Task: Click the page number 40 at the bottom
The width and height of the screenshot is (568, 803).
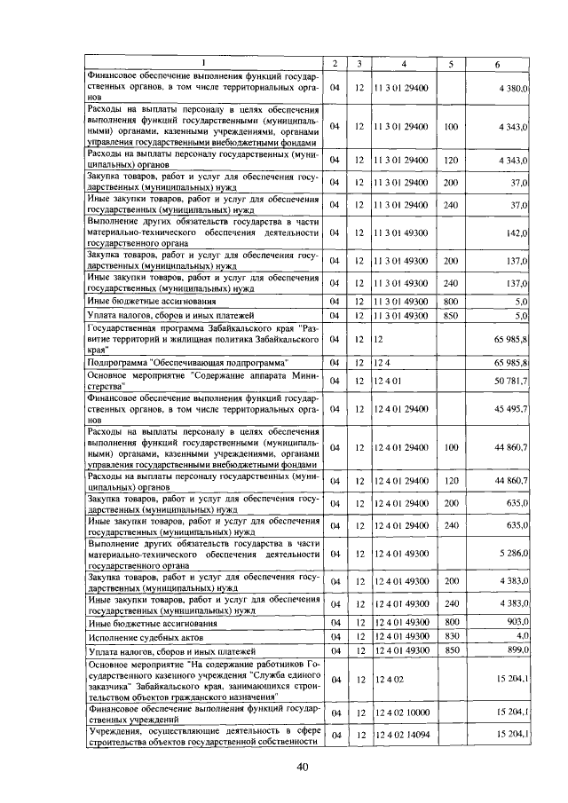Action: click(x=302, y=768)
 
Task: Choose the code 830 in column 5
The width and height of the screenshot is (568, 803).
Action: click(x=451, y=636)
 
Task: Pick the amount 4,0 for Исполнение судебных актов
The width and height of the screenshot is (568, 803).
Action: click(x=523, y=635)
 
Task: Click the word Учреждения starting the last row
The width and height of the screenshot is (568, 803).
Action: click(x=114, y=729)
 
